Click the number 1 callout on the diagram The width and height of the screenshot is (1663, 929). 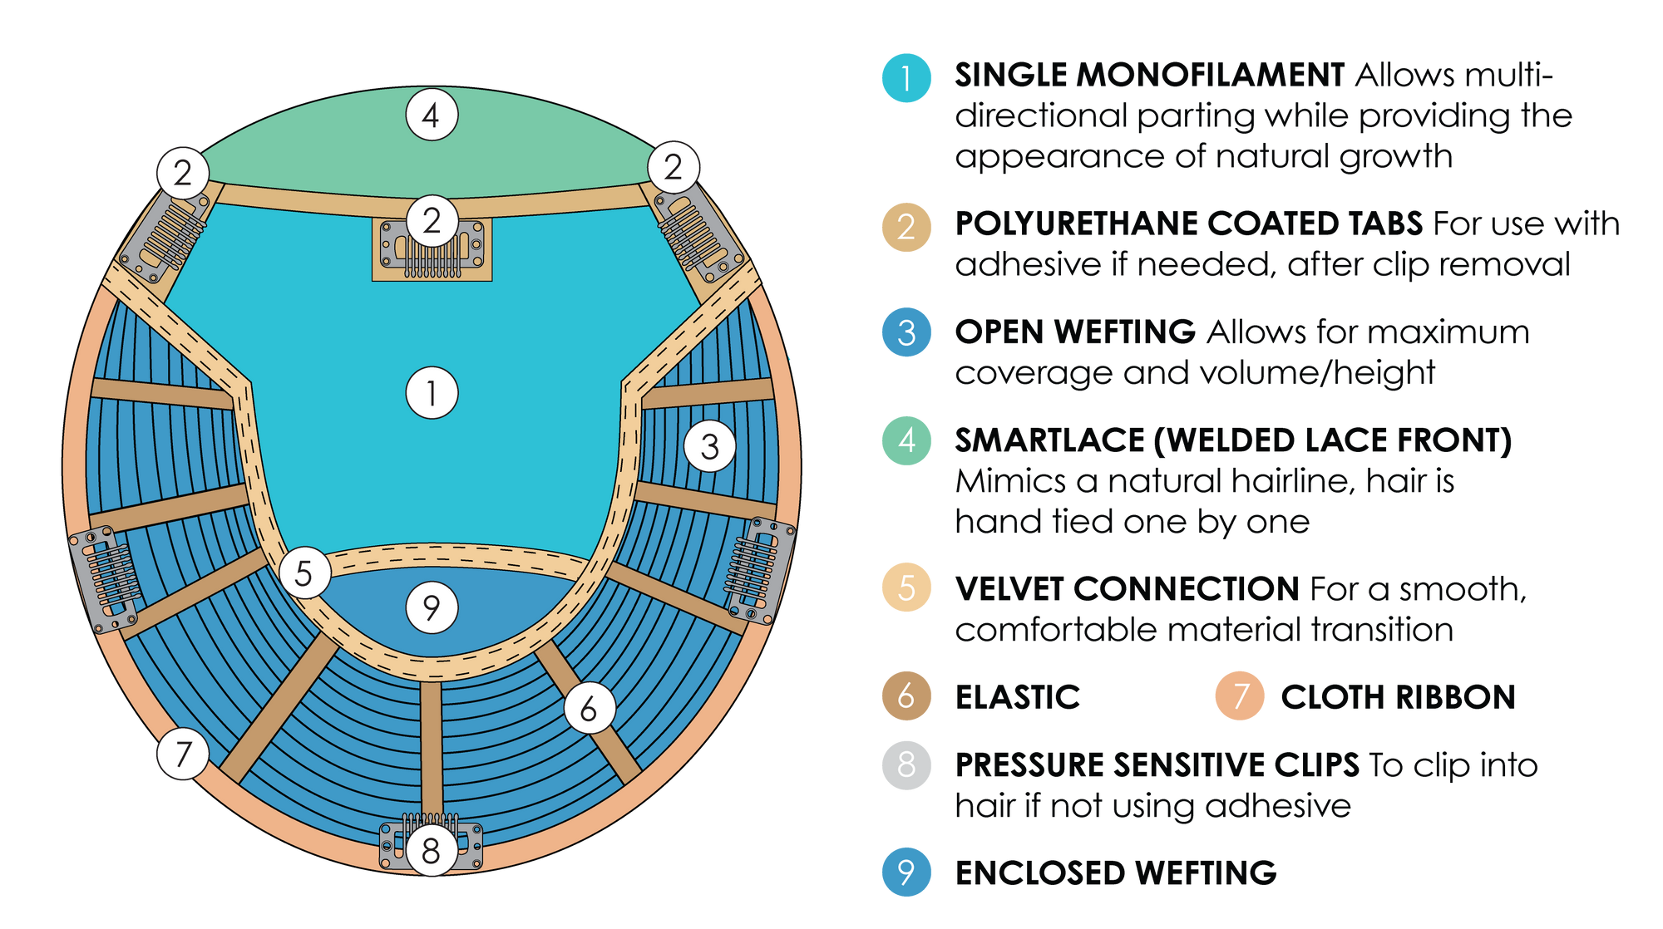pos(432,392)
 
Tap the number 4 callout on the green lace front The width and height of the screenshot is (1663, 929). pos(432,115)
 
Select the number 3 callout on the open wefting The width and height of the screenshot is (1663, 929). pos(709,446)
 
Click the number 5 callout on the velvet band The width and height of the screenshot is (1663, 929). pos(304,573)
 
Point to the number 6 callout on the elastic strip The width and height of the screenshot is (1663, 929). pos(590,709)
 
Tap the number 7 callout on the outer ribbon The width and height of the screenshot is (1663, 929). pos(183,754)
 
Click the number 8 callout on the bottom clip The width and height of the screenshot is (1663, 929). pos(431,850)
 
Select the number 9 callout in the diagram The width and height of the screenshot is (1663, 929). pos(432,607)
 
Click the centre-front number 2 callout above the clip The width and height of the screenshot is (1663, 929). pos(432,221)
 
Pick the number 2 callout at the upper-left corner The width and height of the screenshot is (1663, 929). pos(183,173)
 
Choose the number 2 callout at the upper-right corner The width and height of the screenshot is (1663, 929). pos(674,167)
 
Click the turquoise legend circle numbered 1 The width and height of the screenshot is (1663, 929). pos(906,78)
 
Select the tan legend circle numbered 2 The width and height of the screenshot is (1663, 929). pos(906,227)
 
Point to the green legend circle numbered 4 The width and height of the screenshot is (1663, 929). pos(906,440)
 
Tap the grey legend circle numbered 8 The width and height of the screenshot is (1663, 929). pos(906,764)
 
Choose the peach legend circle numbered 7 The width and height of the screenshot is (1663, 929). pos(1240,696)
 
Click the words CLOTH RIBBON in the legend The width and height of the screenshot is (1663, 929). pos(1398,697)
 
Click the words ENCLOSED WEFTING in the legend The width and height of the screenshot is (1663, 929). pos(1116,872)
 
